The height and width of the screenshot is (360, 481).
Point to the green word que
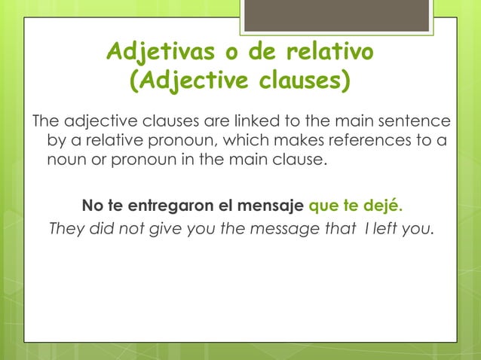(x=323, y=205)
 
